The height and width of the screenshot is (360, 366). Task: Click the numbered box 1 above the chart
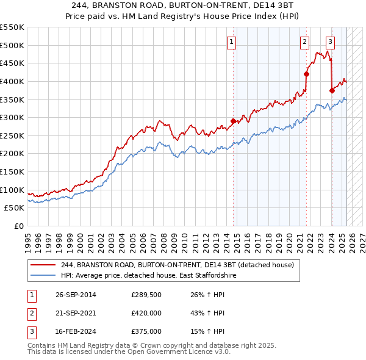tap(232, 42)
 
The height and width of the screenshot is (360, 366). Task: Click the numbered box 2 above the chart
tap(304, 42)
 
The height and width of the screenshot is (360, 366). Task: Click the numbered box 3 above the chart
tap(330, 42)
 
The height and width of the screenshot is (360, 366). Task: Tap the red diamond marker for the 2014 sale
tap(233, 121)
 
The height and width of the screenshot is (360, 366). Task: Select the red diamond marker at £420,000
tap(306, 74)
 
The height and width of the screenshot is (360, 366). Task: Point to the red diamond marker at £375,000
tap(332, 90)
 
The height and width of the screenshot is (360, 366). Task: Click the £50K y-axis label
tap(15, 208)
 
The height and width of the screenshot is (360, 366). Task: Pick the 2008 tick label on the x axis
tap(163, 239)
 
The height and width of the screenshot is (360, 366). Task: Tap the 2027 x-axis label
tap(362, 239)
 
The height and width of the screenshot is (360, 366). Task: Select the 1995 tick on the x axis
tap(28, 239)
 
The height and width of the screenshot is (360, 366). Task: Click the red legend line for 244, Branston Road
tap(43, 265)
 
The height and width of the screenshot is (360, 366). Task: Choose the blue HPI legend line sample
tap(43, 276)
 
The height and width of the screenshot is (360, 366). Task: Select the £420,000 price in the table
tap(146, 314)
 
